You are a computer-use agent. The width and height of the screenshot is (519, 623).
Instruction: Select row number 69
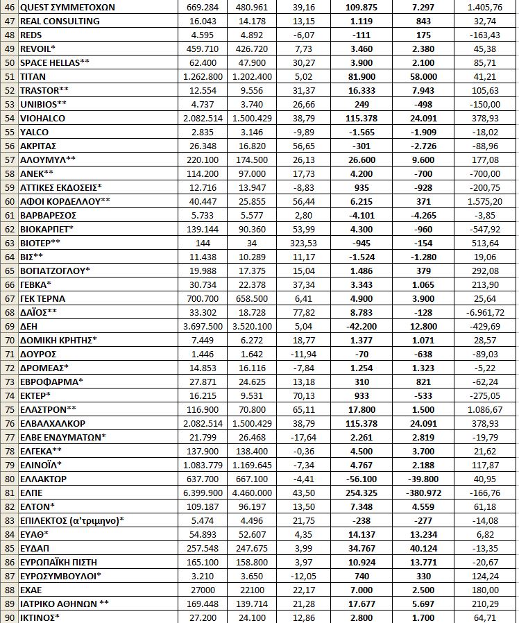8,326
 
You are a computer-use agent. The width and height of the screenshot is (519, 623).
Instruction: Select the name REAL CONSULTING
60,21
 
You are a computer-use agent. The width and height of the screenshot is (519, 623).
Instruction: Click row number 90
8,617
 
